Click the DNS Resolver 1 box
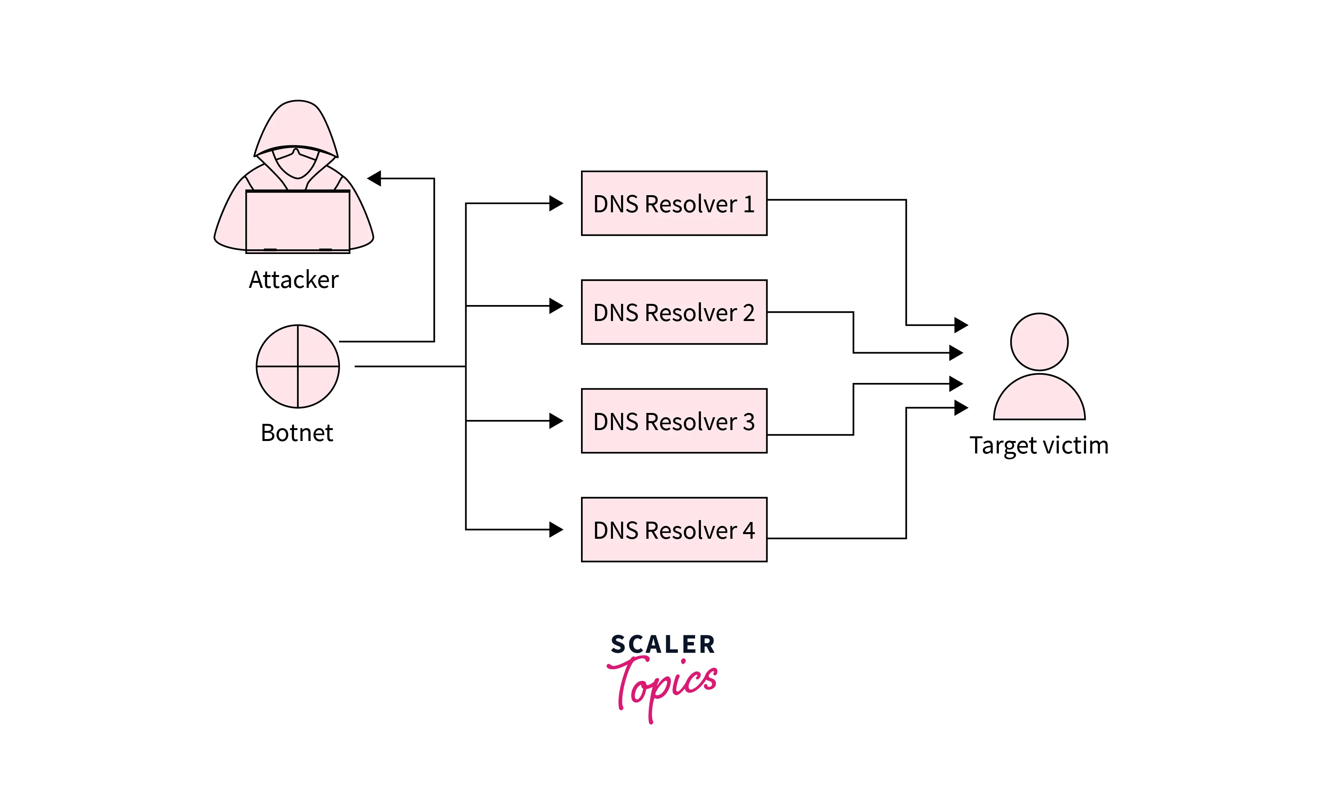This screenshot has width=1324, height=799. click(674, 203)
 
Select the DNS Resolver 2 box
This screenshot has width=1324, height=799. click(674, 312)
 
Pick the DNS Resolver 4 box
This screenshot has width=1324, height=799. click(674, 530)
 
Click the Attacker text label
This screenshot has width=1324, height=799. click(294, 280)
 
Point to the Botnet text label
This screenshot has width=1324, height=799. click(297, 433)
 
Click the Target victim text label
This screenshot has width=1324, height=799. click(1039, 445)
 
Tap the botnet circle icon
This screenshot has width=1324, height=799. click(298, 366)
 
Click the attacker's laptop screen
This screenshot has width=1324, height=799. click(298, 220)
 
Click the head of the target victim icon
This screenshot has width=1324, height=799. click(1039, 342)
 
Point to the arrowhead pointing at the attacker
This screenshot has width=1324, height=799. click(375, 178)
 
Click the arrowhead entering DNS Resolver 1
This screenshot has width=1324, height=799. click(556, 203)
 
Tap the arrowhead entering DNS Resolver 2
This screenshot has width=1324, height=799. click(556, 306)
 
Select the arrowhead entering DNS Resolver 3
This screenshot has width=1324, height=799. click(556, 420)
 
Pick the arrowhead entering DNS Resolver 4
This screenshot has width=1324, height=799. click(556, 530)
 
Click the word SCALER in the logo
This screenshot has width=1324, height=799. click(662, 644)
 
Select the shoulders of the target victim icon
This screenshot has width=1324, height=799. click(1039, 400)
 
